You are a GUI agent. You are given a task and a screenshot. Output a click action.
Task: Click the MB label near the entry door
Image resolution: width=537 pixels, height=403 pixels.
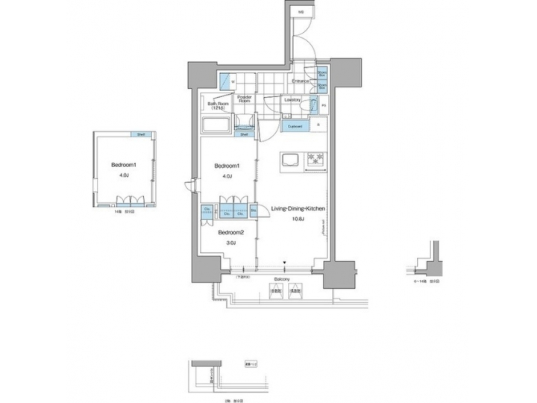point(301,12)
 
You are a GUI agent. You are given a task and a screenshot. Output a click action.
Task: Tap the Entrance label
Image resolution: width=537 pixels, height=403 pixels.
point(301,81)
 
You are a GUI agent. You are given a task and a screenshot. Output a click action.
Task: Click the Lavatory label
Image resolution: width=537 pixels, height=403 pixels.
point(292,99)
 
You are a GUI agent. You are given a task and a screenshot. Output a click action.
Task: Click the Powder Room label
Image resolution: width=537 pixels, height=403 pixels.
point(245,99)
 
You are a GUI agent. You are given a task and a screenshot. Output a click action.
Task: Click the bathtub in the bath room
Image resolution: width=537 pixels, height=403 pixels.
point(217,124)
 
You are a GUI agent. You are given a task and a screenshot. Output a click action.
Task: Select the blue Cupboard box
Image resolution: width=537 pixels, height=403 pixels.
point(295,127)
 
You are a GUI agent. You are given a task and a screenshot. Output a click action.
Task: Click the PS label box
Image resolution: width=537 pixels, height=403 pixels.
point(323,106)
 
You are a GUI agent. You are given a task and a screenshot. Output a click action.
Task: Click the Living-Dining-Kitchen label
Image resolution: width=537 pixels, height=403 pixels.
point(298,210)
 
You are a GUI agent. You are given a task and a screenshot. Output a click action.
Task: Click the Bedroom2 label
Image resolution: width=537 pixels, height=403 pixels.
point(230,232)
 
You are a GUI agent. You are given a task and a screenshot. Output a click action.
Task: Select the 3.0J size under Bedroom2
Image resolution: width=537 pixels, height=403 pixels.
point(230,243)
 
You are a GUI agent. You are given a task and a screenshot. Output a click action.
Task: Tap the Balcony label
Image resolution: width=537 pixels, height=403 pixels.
point(282,279)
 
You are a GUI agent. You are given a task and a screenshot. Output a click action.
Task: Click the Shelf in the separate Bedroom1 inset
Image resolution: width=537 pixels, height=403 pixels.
point(139,134)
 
